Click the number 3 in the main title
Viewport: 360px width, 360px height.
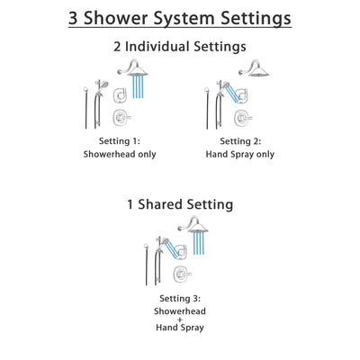coord(76,18)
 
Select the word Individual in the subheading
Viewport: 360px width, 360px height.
coord(181,47)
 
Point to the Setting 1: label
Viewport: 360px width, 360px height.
coord(120,139)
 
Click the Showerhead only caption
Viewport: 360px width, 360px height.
coord(120,154)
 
